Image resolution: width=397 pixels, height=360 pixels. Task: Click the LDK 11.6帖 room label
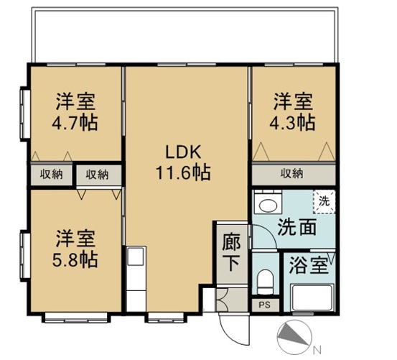point(183,162)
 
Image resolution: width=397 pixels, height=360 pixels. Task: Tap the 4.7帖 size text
point(75,123)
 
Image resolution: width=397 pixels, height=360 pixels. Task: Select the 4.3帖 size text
point(292,123)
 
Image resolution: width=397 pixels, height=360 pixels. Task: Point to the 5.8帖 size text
point(75,259)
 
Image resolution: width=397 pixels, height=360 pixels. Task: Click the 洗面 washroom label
point(297,227)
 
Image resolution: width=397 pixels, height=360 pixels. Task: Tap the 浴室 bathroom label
point(309,265)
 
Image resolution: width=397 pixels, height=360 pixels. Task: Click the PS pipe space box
point(266,305)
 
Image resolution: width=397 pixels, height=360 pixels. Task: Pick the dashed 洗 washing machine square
point(324,201)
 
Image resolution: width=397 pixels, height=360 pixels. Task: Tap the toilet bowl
point(266,282)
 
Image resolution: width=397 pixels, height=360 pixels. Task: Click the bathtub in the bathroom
point(312,297)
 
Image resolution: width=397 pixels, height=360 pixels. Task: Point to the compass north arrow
point(294,334)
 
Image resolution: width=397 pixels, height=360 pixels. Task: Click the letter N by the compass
point(317,351)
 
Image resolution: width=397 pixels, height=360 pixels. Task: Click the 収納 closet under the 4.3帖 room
point(294,175)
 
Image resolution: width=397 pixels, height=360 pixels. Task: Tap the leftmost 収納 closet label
point(52,175)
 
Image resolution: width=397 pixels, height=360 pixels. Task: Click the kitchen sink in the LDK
point(136,257)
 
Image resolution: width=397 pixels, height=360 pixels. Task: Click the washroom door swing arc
point(270,233)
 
